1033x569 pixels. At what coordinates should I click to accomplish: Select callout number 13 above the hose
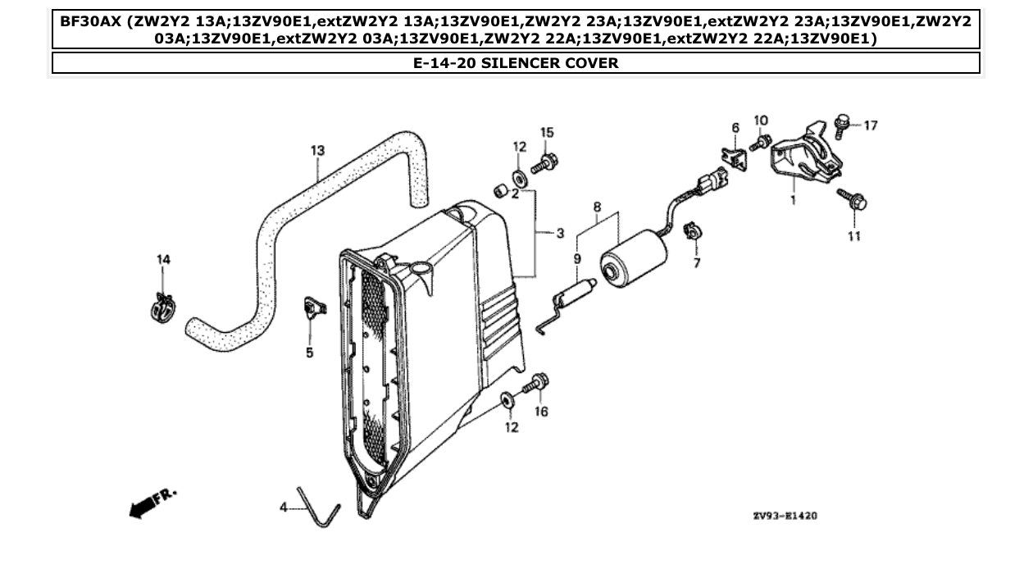click(317, 150)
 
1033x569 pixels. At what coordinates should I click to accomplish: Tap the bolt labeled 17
click(840, 124)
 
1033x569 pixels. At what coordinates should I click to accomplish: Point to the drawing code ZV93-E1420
click(784, 517)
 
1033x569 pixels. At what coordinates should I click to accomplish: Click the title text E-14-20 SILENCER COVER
click(516, 63)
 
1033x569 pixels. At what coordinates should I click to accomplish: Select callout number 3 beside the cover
click(560, 234)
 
